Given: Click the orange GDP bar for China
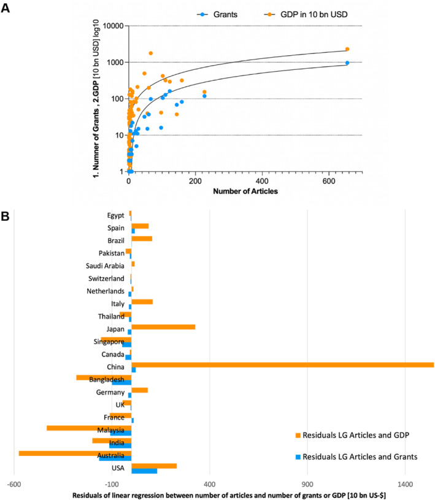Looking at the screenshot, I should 282,365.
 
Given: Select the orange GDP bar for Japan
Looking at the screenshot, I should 163,327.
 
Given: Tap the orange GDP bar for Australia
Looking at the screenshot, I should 75,453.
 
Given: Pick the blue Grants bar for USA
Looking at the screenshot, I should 144,471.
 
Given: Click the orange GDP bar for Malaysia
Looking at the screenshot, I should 89,428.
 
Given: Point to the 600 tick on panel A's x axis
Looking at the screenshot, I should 329,182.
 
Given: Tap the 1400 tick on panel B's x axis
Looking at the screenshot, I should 404,482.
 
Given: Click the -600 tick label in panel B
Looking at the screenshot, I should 14,482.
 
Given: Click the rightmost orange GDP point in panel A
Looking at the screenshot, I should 347,49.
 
